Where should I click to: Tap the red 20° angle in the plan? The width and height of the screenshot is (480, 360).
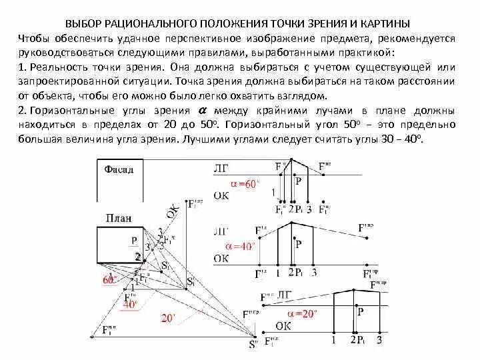pos(171,319)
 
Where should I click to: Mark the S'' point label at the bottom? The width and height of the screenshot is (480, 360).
pos(254,344)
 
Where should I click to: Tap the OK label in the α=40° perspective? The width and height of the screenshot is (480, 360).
pos(220,258)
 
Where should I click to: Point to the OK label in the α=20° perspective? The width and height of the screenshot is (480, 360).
pos(283,327)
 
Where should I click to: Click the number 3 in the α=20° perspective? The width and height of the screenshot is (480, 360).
pos(379,341)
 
